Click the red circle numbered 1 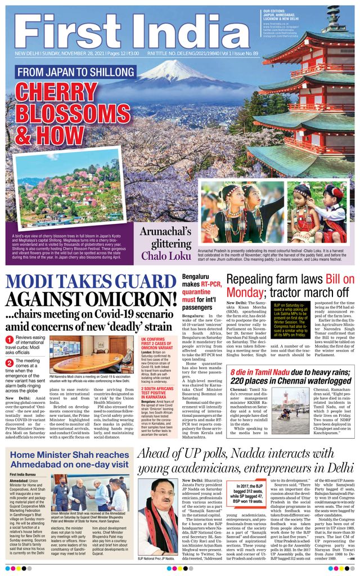click(9, 339)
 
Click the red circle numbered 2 click(9, 363)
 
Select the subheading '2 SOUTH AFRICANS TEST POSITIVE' click(157, 391)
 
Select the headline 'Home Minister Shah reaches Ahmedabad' click(69, 459)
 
